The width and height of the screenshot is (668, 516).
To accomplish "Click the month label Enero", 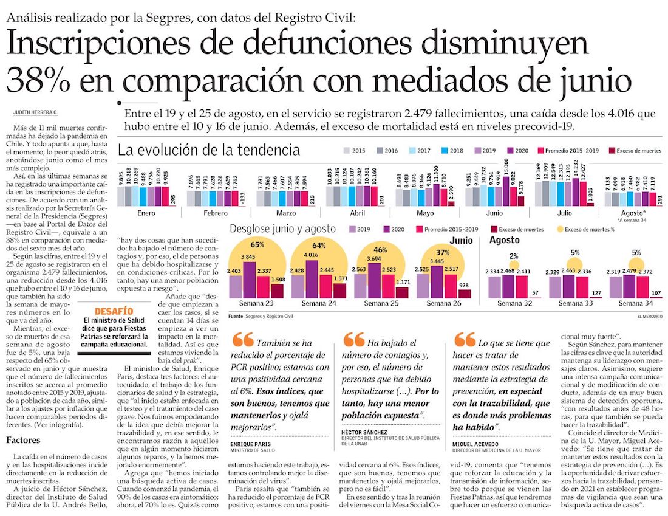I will tap(146, 213).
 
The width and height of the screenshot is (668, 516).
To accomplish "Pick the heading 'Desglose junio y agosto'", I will tap(283, 229).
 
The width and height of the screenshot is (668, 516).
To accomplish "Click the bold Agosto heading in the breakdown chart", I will tap(505, 241).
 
